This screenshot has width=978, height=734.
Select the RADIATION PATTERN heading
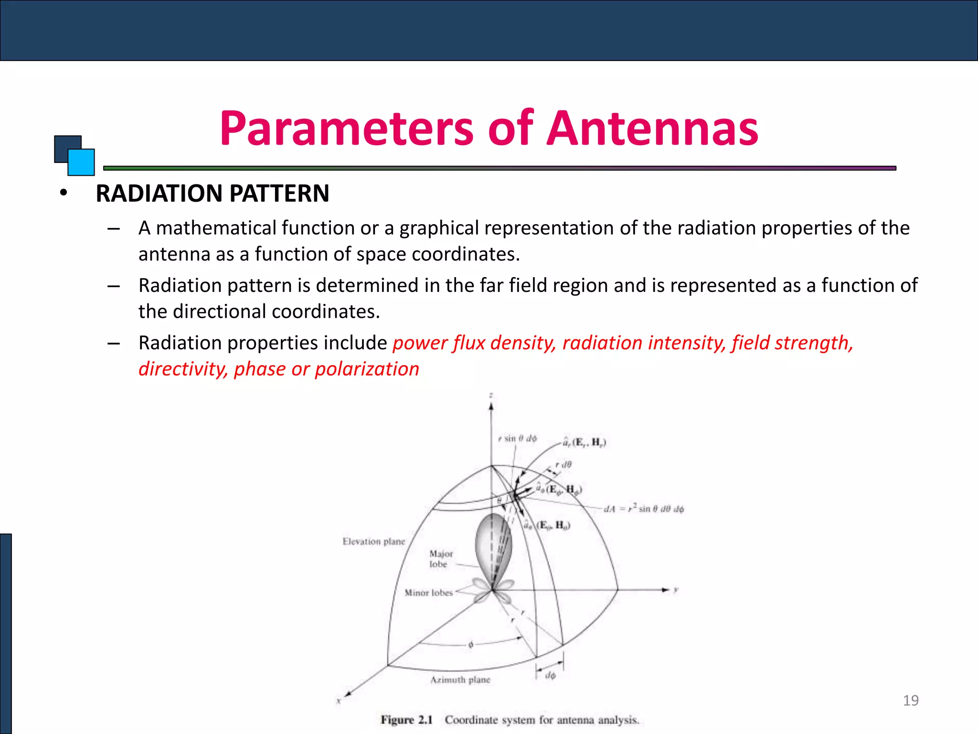pyautogui.click(x=213, y=194)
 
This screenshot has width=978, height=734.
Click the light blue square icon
pyautogui.click(x=82, y=162)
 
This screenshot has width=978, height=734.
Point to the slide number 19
pyautogui.click(x=911, y=701)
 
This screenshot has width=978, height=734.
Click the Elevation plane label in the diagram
pyautogui.click(x=373, y=541)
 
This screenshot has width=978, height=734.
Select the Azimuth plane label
pyautogui.click(x=460, y=680)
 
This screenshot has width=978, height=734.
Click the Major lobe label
pyautogui.click(x=440, y=559)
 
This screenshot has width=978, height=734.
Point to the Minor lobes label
pyautogui.click(x=428, y=593)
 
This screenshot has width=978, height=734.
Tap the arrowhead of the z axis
pyautogui.click(x=491, y=406)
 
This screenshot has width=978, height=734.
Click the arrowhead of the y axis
pyautogui.click(x=666, y=590)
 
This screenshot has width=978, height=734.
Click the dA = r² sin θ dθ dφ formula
pyautogui.click(x=644, y=509)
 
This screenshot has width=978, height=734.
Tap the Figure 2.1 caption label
pyautogui.click(x=406, y=720)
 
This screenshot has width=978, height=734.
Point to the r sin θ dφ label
pyautogui.click(x=517, y=439)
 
